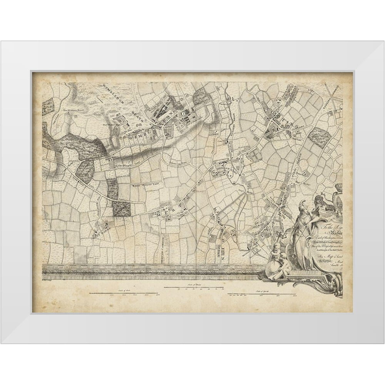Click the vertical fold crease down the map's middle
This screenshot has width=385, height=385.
197,173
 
